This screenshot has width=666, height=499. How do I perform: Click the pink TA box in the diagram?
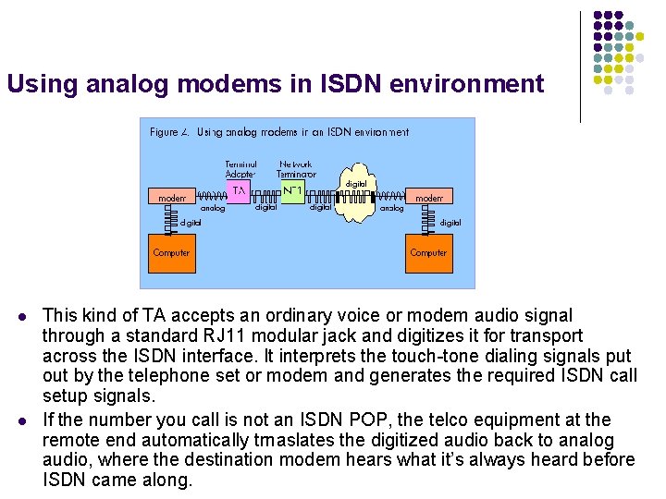click(x=239, y=190)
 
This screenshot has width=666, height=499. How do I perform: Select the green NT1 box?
click(x=293, y=191)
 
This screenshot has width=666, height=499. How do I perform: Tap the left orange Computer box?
click(x=171, y=253)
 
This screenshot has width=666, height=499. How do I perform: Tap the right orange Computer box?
click(x=428, y=253)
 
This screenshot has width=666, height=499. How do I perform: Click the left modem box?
click(x=171, y=198)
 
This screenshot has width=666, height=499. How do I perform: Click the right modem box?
click(x=428, y=198)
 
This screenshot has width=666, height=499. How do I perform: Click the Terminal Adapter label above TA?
click(x=240, y=169)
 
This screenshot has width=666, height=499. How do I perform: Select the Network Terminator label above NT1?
click(x=296, y=169)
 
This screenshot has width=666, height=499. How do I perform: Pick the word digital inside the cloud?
click(x=355, y=184)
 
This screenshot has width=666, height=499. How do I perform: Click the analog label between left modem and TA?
click(x=213, y=209)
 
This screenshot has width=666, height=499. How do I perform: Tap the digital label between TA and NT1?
click(x=265, y=208)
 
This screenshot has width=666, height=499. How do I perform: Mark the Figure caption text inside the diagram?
click(x=278, y=132)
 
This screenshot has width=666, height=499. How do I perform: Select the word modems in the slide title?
click(x=234, y=84)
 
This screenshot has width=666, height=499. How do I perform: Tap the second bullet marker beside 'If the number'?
click(x=20, y=420)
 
